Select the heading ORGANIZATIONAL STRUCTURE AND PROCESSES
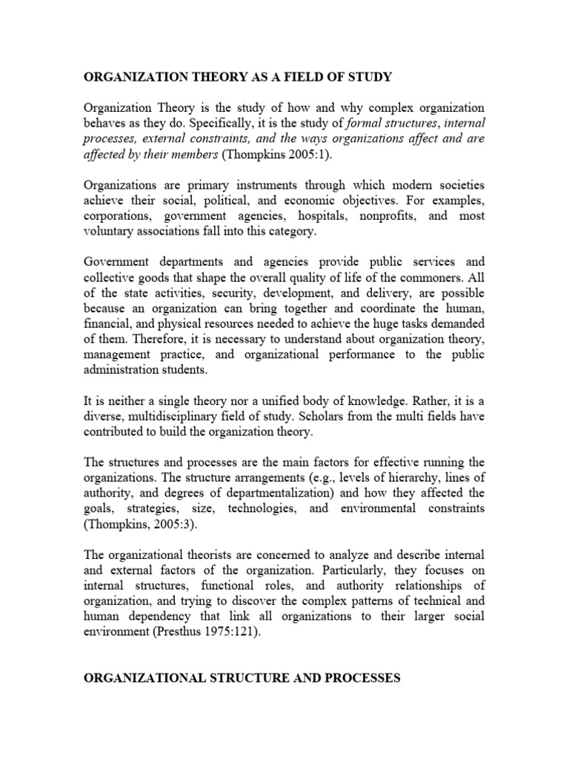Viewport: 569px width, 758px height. [x=242, y=677]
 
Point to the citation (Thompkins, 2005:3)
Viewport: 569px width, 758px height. [x=133, y=526]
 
